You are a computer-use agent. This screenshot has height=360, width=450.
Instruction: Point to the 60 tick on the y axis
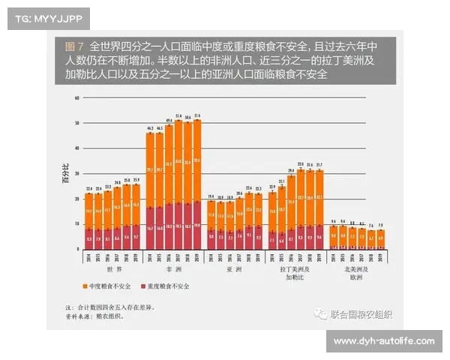tap(76, 97)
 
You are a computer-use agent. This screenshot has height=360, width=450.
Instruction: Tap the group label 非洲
tap(173, 268)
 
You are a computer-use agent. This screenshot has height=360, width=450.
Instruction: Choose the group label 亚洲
tap(235, 268)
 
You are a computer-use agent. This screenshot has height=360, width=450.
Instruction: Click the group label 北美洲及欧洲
tap(357, 271)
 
